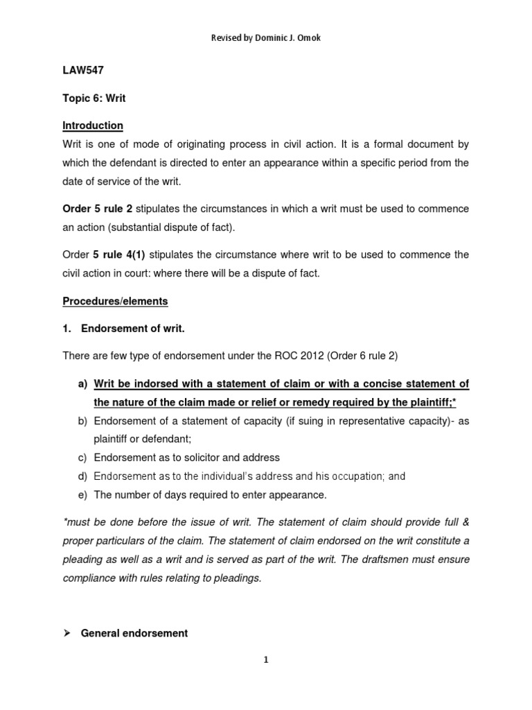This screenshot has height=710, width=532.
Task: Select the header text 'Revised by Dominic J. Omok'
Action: point(266,37)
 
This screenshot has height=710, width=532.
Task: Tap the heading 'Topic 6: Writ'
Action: point(94,98)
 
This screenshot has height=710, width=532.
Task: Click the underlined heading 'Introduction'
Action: point(93,125)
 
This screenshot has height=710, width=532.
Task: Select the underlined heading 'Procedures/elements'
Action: point(115,301)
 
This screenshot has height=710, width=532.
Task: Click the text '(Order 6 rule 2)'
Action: point(360,356)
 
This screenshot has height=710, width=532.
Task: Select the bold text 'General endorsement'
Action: point(134,633)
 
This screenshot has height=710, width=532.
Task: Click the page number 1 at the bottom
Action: point(266,659)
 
